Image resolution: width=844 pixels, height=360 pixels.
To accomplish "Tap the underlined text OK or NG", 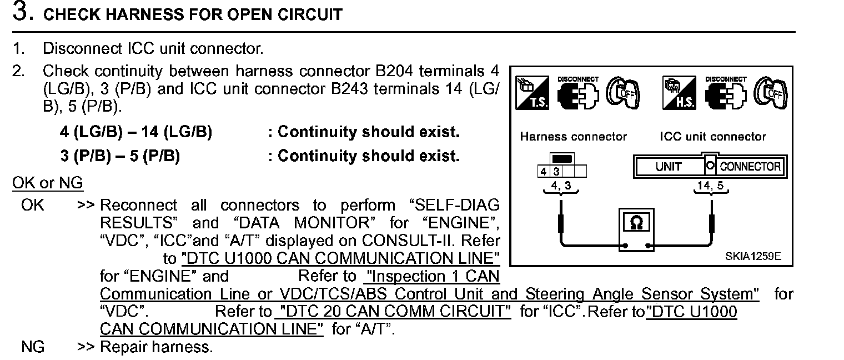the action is click(48, 183).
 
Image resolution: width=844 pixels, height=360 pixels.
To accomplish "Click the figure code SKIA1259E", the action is click(753, 256).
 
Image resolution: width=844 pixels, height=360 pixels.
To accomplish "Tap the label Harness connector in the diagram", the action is click(573, 137).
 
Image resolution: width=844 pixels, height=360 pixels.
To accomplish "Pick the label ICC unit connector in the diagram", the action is click(713, 137).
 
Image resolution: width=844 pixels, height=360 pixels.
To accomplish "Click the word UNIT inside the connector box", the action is click(669, 167).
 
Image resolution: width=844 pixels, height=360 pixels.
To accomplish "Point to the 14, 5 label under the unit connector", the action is click(711, 186).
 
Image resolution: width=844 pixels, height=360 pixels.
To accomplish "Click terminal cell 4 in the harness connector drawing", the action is click(542, 171).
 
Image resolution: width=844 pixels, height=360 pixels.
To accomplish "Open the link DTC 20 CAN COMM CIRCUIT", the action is click(393, 312).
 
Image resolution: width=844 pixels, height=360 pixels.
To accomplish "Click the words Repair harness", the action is click(156, 348).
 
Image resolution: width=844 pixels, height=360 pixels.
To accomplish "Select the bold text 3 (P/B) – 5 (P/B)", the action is click(120, 156).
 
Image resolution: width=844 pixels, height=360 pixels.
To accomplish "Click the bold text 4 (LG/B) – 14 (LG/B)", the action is click(136, 132).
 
